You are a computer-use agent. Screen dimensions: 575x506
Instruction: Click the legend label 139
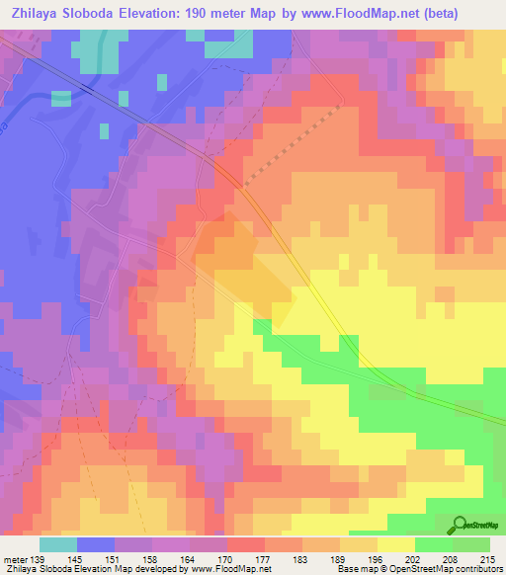tap(38, 558)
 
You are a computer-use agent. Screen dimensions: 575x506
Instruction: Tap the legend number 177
tap(264, 558)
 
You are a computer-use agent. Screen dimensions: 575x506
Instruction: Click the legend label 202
tap(413, 558)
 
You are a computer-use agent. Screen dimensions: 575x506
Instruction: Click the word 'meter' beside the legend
tap(15, 558)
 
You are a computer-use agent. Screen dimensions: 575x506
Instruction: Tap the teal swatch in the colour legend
tap(57, 544)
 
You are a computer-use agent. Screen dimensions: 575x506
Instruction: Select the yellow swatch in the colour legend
tap(395, 544)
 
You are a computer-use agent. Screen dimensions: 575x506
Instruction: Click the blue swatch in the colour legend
tap(95, 544)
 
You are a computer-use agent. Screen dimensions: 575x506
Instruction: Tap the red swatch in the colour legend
tap(245, 544)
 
